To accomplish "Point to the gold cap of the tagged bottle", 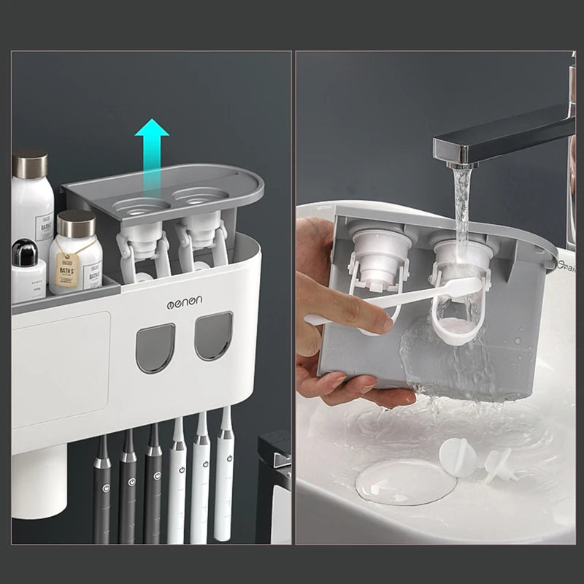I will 76,223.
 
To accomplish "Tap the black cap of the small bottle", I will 24,252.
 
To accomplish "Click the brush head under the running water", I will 460,288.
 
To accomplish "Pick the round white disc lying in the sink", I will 458,456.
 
